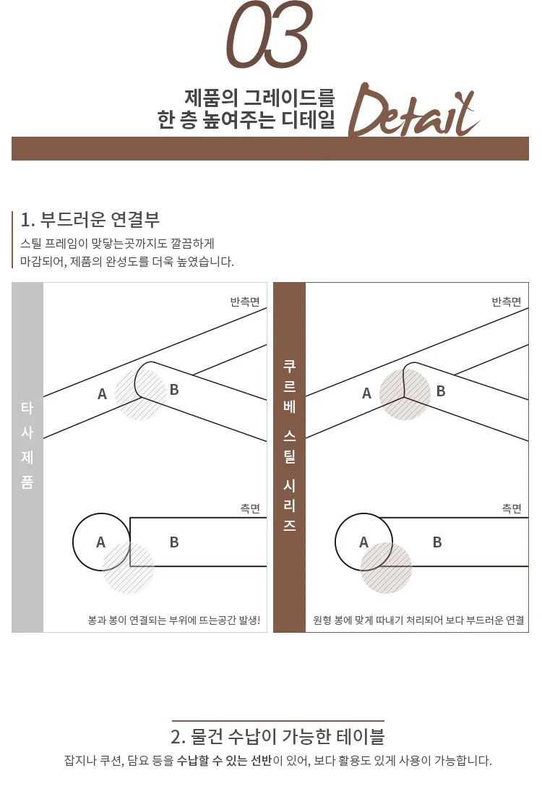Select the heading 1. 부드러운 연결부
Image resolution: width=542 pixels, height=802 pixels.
[x=90, y=219]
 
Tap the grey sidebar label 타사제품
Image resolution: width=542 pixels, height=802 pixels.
[x=27, y=445]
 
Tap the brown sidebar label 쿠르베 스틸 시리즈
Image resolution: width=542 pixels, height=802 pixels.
[x=289, y=445]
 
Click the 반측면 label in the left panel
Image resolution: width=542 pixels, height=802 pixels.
[x=245, y=302]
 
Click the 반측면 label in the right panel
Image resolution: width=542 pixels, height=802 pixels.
[x=507, y=302]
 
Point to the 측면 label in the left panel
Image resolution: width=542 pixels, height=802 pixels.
[x=250, y=508]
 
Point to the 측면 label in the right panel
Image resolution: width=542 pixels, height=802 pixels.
[x=512, y=508]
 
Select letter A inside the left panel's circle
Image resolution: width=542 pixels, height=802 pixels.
[x=101, y=542]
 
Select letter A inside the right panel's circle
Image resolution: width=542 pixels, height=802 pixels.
[x=364, y=542]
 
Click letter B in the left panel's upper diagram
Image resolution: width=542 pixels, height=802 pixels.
[x=174, y=391]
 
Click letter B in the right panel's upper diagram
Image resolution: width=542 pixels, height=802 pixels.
[x=441, y=391]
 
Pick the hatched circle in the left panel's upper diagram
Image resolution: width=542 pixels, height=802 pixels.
[x=141, y=394]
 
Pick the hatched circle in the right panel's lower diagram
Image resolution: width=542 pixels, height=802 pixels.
[x=386, y=568]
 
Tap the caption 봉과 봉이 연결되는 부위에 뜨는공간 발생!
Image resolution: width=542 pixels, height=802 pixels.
[x=173, y=620]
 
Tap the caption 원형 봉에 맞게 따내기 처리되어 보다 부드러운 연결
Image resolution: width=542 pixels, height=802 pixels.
[x=418, y=620]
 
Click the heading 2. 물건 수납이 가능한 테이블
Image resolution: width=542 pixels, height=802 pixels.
[x=278, y=737]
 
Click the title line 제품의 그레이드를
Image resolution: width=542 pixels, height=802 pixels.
[x=259, y=96]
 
